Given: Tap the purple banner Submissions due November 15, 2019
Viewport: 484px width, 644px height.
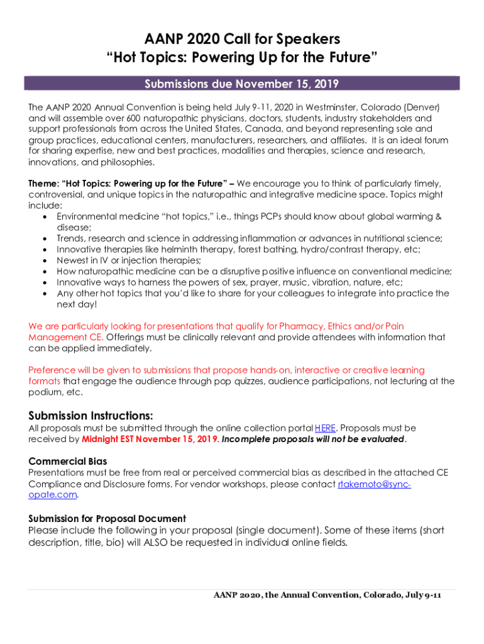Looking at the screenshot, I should [242, 84].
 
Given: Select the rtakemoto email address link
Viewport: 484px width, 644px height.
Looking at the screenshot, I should [374, 484].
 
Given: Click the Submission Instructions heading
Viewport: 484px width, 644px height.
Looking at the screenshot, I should [91, 416].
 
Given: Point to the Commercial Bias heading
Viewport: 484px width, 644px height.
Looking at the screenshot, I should [68, 462].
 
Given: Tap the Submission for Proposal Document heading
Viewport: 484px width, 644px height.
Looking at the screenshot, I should [107, 519].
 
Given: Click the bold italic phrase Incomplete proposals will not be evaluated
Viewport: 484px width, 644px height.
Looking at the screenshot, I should [313, 439].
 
